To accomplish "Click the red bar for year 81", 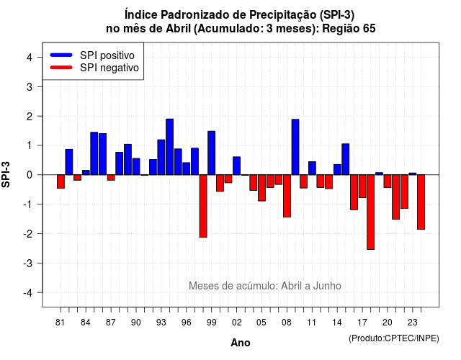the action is (61, 181).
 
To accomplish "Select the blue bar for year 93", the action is (161, 157).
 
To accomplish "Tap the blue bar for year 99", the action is (211, 153).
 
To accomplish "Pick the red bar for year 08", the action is (287, 196).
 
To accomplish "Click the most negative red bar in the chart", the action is (371, 212).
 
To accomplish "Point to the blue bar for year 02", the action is (237, 166).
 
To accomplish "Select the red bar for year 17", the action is (362, 186).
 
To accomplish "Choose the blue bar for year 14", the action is (337, 170).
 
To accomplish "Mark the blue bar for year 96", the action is (187, 168).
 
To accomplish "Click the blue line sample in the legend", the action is (61, 55).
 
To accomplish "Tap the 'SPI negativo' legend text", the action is (109, 68).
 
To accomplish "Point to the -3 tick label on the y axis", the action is (29, 264).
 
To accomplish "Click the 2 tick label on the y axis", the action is (30, 117).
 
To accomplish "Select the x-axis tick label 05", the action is (261, 323).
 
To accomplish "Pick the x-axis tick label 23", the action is (413, 323).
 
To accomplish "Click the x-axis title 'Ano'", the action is (241, 343).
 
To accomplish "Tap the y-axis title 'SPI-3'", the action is (6, 174).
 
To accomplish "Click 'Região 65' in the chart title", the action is (349, 29).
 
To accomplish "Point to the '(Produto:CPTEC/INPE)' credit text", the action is (394, 338).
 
